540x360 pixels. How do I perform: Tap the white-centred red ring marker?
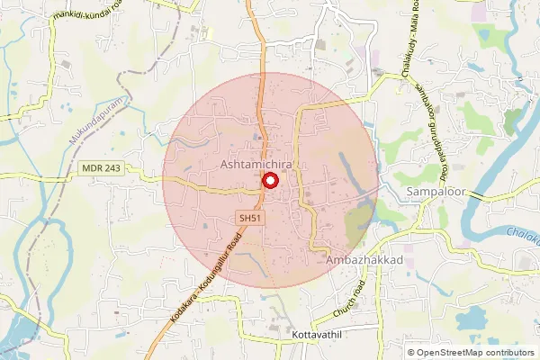(x=269, y=180)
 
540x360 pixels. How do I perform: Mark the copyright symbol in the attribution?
(x=409, y=353)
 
